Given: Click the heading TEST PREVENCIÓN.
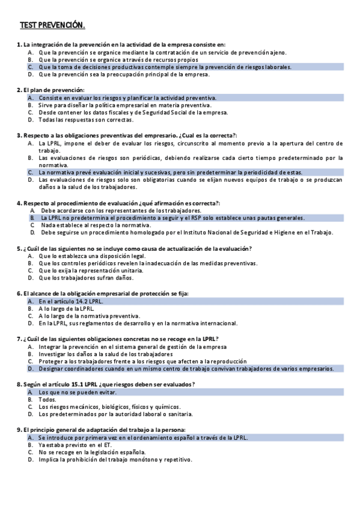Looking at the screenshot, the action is click(52, 25).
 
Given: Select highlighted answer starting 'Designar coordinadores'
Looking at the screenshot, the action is click(188, 369).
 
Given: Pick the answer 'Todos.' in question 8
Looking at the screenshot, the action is click(47, 399).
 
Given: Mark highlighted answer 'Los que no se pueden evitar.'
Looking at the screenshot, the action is click(78, 392).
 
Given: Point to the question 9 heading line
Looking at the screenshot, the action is click(100, 430).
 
